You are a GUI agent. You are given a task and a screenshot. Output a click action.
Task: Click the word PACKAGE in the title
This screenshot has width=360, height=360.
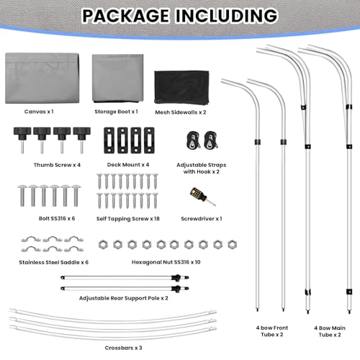point(126,16)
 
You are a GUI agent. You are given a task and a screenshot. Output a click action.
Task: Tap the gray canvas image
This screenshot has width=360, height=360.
point(42,78)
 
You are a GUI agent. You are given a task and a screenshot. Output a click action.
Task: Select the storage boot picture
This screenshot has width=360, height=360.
point(118,78)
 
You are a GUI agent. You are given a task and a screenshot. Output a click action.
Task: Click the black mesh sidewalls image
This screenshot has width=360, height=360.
point(181,88)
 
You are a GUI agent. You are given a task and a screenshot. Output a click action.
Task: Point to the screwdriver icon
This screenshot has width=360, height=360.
point(203,197)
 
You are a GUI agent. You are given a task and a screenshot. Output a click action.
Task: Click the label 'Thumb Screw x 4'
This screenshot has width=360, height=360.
point(57,165)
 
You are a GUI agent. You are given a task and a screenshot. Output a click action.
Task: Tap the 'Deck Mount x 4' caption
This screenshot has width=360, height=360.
point(128,165)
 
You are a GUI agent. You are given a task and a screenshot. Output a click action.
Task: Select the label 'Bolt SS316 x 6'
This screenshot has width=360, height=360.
point(57,218)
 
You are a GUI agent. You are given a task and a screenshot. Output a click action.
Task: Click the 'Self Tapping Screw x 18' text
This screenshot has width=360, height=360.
point(128,219)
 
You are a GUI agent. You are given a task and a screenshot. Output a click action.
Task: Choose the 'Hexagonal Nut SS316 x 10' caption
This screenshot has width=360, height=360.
point(166,262)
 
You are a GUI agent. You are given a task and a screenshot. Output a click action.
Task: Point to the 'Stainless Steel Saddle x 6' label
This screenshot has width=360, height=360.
point(54,262)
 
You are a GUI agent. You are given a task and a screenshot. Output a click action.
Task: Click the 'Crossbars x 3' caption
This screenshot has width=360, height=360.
point(123,348)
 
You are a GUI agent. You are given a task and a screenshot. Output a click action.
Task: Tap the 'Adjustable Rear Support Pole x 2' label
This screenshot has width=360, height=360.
point(124,298)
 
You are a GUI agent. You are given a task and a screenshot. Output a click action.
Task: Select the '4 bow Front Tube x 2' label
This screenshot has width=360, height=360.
point(272,331)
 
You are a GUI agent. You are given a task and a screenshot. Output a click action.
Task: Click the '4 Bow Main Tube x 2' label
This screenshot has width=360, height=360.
point(330,331)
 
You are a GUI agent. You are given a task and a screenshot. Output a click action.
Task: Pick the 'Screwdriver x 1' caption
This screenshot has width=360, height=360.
point(202,219)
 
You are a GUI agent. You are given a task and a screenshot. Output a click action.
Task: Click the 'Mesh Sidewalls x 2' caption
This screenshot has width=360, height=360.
point(181,112)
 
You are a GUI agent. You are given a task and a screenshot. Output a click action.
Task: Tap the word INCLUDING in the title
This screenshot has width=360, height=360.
point(227,16)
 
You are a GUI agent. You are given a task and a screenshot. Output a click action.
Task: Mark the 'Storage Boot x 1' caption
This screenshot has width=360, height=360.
point(116,112)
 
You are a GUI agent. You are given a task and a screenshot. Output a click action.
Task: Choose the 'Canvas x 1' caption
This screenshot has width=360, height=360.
point(39,112)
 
